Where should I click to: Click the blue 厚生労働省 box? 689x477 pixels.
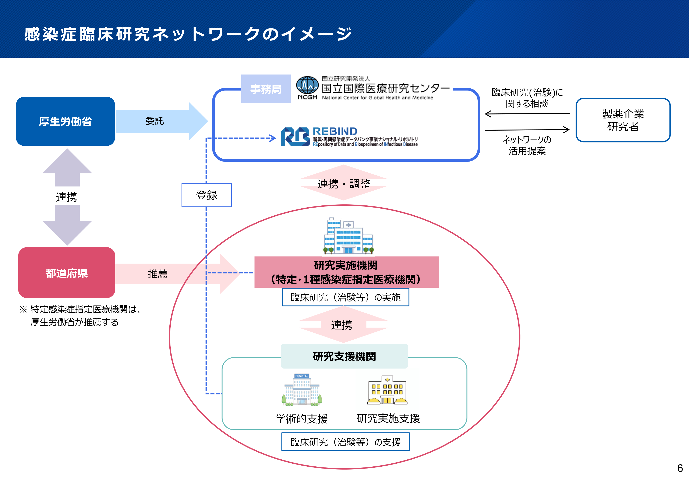pyautogui.click(x=66, y=121)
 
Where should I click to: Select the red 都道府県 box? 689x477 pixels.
pyautogui.click(x=67, y=273)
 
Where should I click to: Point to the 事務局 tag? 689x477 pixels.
pyautogui.click(x=266, y=89)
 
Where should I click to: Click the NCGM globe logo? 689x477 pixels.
pyautogui.click(x=307, y=85)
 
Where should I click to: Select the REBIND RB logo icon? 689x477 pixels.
pyautogui.click(x=295, y=137)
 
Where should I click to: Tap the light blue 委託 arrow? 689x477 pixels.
pyautogui.click(x=161, y=121)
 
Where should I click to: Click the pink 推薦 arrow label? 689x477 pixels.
pyautogui.click(x=158, y=274)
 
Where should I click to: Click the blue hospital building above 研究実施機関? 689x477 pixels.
pyautogui.click(x=348, y=236)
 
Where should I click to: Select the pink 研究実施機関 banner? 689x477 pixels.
pyautogui.click(x=346, y=272)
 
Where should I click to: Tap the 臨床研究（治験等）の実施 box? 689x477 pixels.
pyautogui.click(x=345, y=297)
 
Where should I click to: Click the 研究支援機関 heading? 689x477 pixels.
pyautogui.click(x=344, y=356)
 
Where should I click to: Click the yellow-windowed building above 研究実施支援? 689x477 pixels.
pyautogui.click(x=387, y=390)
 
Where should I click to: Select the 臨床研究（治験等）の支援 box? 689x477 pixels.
pyautogui.click(x=345, y=442)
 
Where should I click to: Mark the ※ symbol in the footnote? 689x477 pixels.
pyautogui.click(x=23, y=309)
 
